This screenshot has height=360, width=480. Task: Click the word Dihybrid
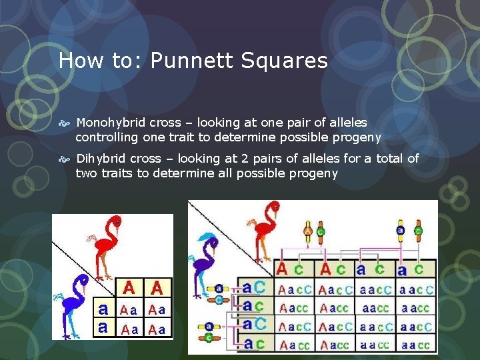click(100, 159)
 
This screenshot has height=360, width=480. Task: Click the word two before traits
click(85, 173)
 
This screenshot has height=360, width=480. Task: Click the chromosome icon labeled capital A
click(308, 231)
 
